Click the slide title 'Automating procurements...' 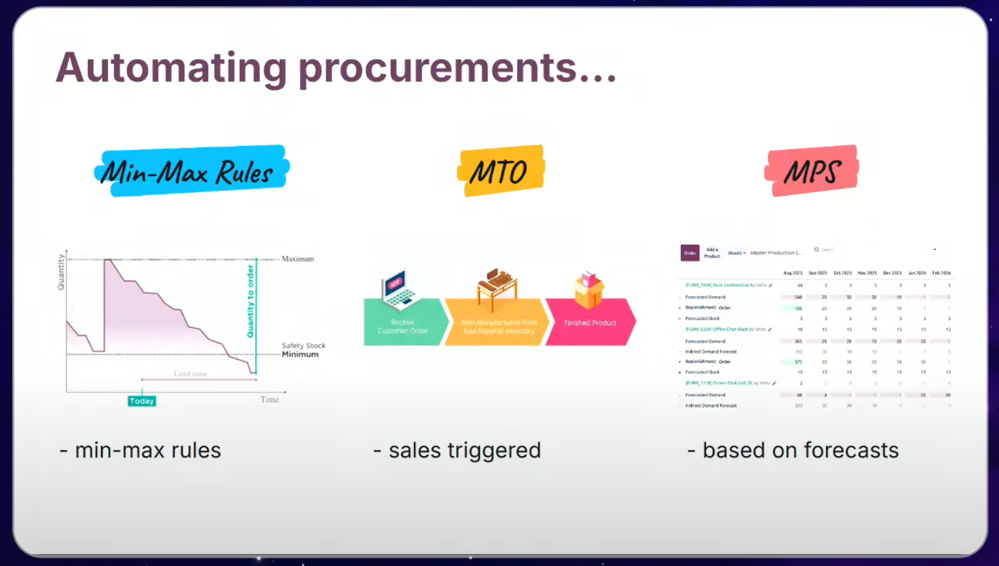[x=336, y=68]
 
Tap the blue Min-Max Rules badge [x=191, y=171]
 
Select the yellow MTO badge [x=500, y=170]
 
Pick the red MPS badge [x=811, y=170]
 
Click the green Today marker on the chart [x=141, y=401]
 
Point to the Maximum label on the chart [x=297, y=259]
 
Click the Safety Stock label [x=303, y=345]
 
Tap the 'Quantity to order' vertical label [x=250, y=301]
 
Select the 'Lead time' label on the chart [x=190, y=373]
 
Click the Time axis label [x=269, y=400]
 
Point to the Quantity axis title [x=61, y=272]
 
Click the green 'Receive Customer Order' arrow [x=403, y=322]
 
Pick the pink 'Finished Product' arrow [x=590, y=322]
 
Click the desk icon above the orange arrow [x=497, y=287]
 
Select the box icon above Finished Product [x=588, y=289]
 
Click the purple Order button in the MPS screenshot [x=690, y=253]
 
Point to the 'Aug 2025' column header [x=793, y=273]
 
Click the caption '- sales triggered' [x=457, y=451]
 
